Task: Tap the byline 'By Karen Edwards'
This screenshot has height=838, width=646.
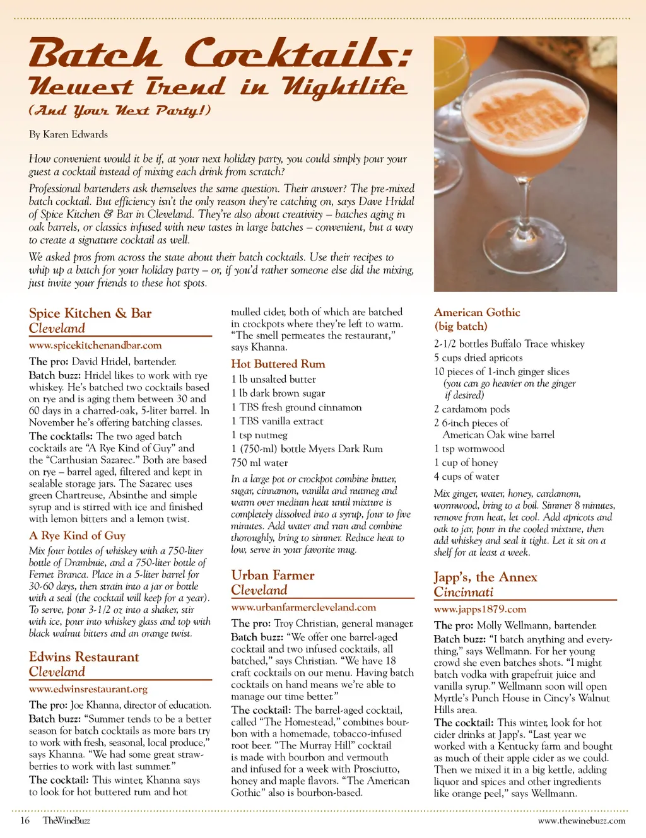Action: pos(68,134)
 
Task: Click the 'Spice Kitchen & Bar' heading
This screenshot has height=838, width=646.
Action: pos(90,313)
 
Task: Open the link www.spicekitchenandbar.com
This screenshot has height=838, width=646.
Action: pos(95,346)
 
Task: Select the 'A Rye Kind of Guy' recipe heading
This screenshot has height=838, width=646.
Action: pos(77,535)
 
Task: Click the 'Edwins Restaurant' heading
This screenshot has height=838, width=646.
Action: pos(84,657)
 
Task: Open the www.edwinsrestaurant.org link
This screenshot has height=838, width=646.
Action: pos(88,689)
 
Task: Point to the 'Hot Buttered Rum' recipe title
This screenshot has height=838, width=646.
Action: pos(278,364)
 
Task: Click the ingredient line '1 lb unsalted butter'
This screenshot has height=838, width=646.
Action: pos(274,379)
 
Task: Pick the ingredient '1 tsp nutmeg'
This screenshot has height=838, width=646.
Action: pos(259,435)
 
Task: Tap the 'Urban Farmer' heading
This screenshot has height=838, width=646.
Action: pos(273,575)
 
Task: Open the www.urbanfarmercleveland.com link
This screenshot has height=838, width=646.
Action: pos(303,607)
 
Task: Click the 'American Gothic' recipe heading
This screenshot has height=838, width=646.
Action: pos(477,312)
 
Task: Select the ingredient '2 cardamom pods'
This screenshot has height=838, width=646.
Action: pos(472,409)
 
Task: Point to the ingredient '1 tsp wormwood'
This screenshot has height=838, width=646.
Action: pos(469,449)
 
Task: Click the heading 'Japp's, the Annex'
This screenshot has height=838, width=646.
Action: pos(485,577)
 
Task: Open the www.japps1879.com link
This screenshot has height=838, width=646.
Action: pos(480,609)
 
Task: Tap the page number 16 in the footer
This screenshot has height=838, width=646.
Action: pos(25,820)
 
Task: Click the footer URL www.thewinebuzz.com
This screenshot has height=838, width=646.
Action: pos(582,820)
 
